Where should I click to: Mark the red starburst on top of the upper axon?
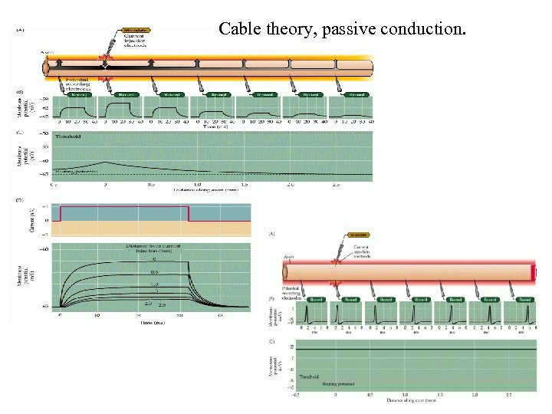[x=107, y=59]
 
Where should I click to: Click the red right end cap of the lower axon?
[x=534, y=272]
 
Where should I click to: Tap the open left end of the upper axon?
[x=46, y=67]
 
